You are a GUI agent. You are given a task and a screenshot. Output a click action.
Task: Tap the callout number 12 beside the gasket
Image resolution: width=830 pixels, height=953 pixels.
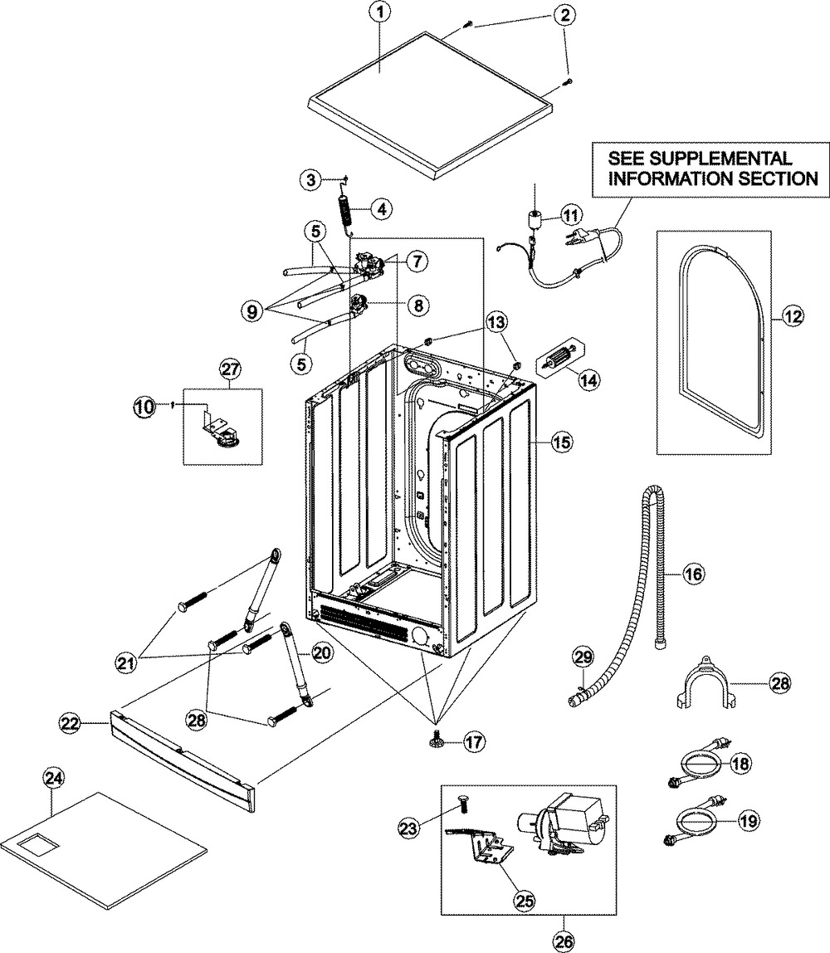(793, 316)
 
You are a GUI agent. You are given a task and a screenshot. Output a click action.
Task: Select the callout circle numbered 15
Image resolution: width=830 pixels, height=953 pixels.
(562, 442)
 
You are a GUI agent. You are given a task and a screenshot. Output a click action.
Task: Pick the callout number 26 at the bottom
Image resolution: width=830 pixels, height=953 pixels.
(564, 942)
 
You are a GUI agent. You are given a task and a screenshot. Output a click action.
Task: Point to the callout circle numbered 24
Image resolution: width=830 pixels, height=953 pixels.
(53, 777)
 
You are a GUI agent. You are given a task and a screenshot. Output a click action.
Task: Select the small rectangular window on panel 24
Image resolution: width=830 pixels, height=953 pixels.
(35, 845)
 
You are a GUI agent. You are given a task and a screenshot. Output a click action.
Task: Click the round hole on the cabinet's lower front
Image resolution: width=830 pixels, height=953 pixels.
(418, 637)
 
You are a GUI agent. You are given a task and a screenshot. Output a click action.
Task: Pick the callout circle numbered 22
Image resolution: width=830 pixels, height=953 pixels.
(69, 723)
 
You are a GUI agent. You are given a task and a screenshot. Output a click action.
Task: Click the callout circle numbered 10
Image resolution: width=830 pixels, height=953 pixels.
(144, 407)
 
